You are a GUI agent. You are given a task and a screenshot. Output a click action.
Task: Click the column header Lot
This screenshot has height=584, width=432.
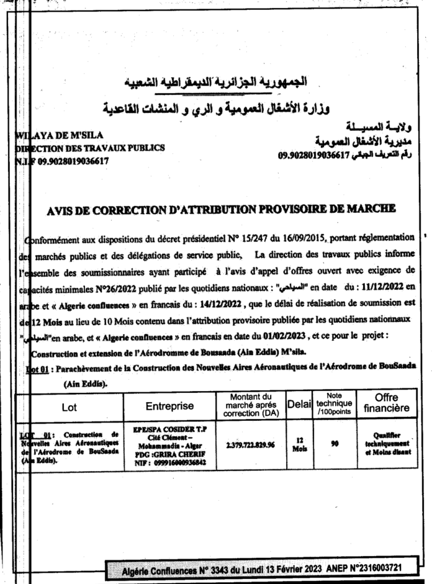click(69, 408)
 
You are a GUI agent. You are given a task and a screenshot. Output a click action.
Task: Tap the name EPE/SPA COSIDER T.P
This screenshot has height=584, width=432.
click(170, 429)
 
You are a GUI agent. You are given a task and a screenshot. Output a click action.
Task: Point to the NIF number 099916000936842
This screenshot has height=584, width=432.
click(180, 463)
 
